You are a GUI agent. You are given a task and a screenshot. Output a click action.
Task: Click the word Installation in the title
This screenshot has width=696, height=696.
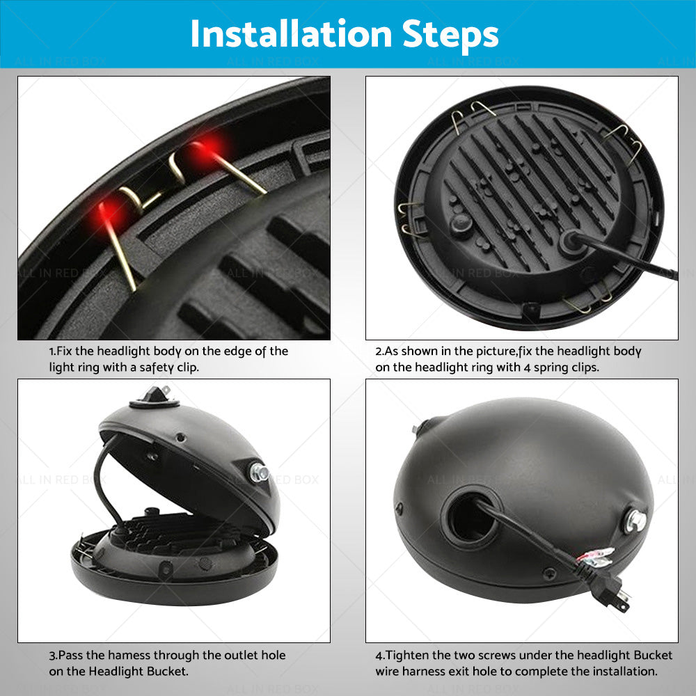291,34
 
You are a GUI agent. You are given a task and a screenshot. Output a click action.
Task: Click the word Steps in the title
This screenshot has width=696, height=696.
450,36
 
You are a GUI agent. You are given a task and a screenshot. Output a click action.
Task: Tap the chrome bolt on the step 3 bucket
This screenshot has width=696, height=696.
259,473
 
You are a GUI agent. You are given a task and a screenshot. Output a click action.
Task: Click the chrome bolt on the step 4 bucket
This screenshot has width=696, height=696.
635,521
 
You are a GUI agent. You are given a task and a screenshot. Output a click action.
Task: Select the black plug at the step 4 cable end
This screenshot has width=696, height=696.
612,591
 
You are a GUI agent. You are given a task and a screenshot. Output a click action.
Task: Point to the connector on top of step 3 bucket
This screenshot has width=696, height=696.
155,397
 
